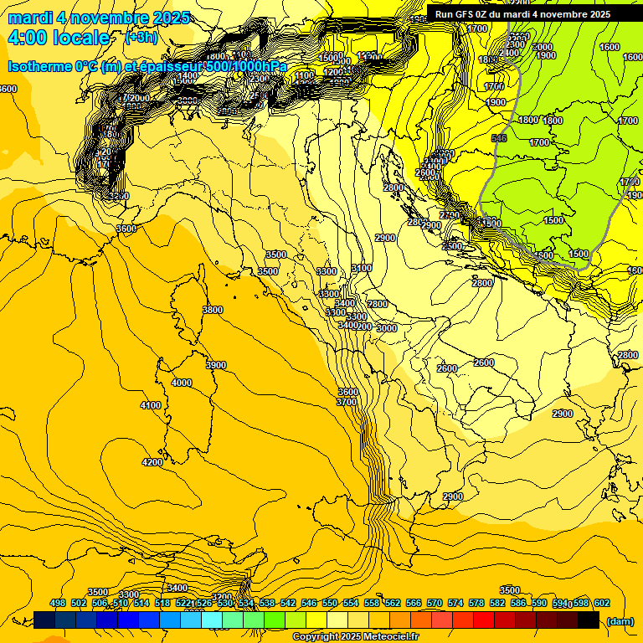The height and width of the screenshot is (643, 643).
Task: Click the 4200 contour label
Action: (x=152, y=462)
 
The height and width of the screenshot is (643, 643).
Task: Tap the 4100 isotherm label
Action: (x=151, y=405)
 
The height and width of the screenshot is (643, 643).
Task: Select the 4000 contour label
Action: (x=181, y=383)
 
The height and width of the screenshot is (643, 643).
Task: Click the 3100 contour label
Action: (x=362, y=268)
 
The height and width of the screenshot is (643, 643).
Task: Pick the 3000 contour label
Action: (x=387, y=328)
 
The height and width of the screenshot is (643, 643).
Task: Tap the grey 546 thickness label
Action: (x=500, y=138)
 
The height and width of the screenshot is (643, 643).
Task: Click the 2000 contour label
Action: (x=543, y=47)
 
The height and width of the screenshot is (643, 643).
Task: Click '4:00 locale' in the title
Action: (x=59, y=38)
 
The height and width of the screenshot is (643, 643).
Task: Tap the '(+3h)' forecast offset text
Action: (x=141, y=38)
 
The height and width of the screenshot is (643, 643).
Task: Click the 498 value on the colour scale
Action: (x=58, y=603)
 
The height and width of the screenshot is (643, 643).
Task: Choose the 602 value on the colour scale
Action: (x=602, y=603)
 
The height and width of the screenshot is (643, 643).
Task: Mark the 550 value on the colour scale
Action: (x=330, y=603)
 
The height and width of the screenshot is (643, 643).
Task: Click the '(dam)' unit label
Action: (x=620, y=620)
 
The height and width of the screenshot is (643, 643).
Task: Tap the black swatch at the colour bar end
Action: (x=589, y=620)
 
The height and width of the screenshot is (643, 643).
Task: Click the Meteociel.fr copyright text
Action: (x=356, y=637)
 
